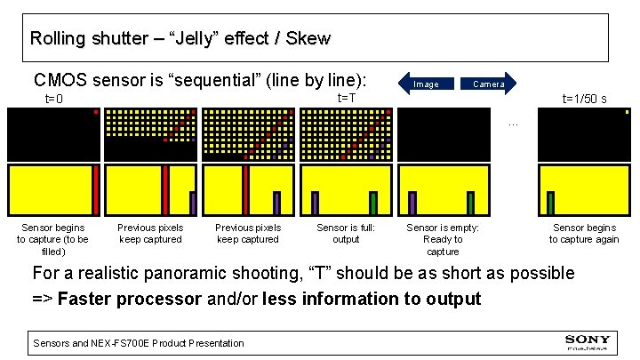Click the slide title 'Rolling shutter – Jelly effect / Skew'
[x=180, y=39]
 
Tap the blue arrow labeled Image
[x=427, y=84]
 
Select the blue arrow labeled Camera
[x=488, y=84]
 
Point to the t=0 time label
[x=54, y=99]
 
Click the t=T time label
[x=346, y=97]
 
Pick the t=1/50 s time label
[x=584, y=99]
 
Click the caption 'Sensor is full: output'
[x=346, y=234]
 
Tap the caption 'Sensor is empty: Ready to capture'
[x=443, y=239]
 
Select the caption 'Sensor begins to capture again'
[x=584, y=234]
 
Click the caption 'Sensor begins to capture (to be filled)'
[x=53, y=239]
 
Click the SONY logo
[x=588, y=340]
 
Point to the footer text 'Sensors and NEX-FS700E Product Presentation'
[x=138, y=342]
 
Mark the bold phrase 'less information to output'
[x=372, y=299]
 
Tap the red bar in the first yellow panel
[x=96, y=190]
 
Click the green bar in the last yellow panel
[x=551, y=204]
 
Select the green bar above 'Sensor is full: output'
[x=373, y=204]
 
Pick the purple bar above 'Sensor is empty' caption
[x=412, y=204]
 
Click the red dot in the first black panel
[x=96, y=112]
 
